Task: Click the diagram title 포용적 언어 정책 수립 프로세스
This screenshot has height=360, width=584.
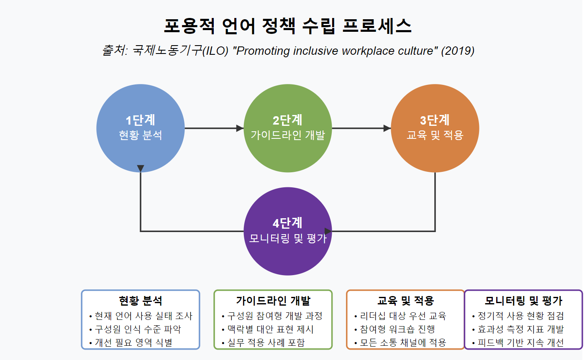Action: [x=287, y=26]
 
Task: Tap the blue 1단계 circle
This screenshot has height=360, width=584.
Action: [x=141, y=128]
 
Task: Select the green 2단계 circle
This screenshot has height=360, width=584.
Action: [x=288, y=128]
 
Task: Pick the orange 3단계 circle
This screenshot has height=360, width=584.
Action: [x=435, y=128]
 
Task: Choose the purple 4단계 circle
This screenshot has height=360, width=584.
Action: [x=288, y=231]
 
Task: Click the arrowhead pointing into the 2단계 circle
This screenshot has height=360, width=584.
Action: [x=240, y=128]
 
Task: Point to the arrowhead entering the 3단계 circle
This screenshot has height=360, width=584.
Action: [x=387, y=128]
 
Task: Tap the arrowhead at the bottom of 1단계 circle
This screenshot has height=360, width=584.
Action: [x=141, y=168]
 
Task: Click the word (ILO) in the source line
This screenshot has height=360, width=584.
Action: [x=215, y=51]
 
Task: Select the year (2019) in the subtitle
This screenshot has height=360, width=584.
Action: [x=458, y=51]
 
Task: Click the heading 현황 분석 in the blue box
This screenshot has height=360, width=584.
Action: [x=141, y=301]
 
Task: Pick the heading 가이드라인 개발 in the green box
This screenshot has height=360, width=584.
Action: [x=273, y=301]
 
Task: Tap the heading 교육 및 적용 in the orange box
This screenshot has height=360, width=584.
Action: [x=406, y=301]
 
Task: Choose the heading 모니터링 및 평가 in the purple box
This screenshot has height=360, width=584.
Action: [x=523, y=301]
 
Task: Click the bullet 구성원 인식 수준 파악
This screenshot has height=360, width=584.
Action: [x=135, y=329]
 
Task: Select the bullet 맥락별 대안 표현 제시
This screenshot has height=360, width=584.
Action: [x=267, y=329]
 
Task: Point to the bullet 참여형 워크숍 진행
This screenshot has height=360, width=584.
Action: [x=395, y=329]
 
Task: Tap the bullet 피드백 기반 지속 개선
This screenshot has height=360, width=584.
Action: [x=518, y=342]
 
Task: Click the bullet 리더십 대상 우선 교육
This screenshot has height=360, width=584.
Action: [x=400, y=316]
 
